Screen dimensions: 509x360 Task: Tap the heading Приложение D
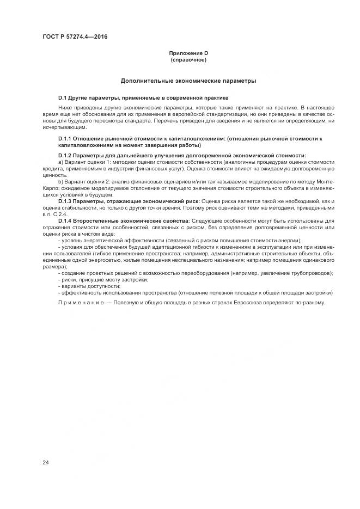pos(188,53)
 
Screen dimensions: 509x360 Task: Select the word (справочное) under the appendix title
pos(188,59)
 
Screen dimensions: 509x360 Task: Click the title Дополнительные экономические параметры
pos(188,81)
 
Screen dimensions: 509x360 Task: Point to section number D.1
pos(63,97)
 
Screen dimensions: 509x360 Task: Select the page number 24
pos(45,463)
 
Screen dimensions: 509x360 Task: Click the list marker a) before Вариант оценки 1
pos(60,162)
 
